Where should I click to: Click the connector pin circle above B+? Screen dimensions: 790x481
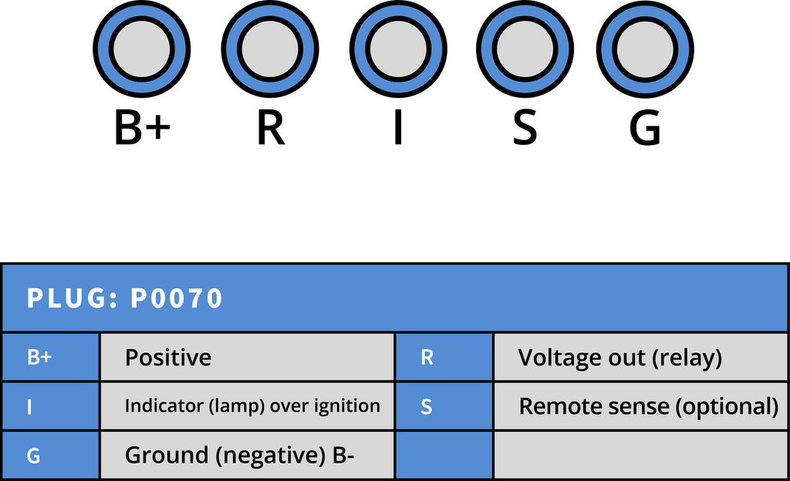click(142, 49)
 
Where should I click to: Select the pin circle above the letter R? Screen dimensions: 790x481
click(270, 49)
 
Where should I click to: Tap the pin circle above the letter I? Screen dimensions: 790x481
click(398, 49)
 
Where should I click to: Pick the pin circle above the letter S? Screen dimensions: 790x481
click(525, 49)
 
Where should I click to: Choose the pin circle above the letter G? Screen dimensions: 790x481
click(645, 49)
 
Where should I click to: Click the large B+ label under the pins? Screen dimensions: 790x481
click(143, 128)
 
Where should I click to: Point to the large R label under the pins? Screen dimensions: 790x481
click(271, 128)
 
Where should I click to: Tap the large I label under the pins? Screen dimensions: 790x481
click(398, 128)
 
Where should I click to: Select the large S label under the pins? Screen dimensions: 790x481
click(525, 128)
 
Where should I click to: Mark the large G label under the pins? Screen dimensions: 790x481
click(645, 128)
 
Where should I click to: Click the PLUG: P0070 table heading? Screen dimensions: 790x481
click(124, 298)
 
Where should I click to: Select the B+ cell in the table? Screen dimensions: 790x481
click(50, 357)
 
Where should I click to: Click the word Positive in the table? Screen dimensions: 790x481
click(168, 357)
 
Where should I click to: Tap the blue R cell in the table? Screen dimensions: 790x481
click(444, 357)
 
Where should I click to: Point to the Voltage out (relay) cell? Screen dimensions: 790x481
click(640, 357)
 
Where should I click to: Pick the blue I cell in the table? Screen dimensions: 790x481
click(50, 406)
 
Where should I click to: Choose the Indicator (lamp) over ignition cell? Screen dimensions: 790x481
click(247, 406)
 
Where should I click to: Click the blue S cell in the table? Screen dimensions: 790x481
click(444, 406)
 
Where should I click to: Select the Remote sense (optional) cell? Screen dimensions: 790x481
click(640, 406)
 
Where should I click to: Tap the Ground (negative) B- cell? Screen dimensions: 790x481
click(247, 455)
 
